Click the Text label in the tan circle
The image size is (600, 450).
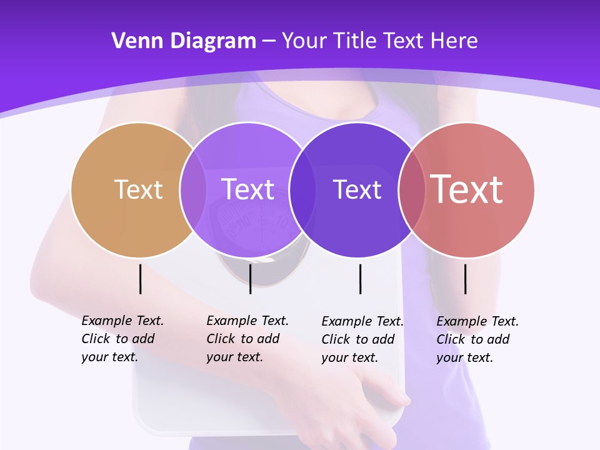(x=138, y=189)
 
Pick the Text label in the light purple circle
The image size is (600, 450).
(x=248, y=189)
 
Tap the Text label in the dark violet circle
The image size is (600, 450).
(x=357, y=189)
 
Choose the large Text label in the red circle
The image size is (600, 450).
(x=467, y=189)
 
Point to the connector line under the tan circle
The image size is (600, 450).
(x=141, y=279)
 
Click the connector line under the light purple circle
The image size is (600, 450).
(x=250, y=279)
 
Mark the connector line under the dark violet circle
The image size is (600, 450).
(x=360, y=279)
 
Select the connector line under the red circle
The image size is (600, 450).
(x=466, y=279)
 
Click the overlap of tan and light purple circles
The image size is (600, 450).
(x=192, y=189)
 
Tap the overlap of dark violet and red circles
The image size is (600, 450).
(x=411, y=189)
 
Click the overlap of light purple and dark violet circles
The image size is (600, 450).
(x=302, y=189)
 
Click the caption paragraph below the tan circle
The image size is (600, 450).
(x=122, y=339)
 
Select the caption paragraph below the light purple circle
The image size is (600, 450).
(x=247, y=339)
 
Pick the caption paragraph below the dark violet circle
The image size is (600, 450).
(x=362, y=339)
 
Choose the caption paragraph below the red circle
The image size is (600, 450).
(x=477, y=339)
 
